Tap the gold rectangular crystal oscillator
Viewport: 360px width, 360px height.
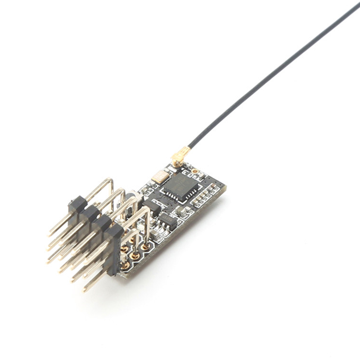click(159, 177)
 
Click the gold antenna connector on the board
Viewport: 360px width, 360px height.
click(177, 159)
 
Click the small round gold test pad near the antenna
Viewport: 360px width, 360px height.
click(195, 171)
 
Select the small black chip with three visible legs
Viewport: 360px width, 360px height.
click(168, 220)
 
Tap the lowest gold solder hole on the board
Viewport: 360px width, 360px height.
click(125, 266)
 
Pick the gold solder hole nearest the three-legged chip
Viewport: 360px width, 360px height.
click(145, 247)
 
